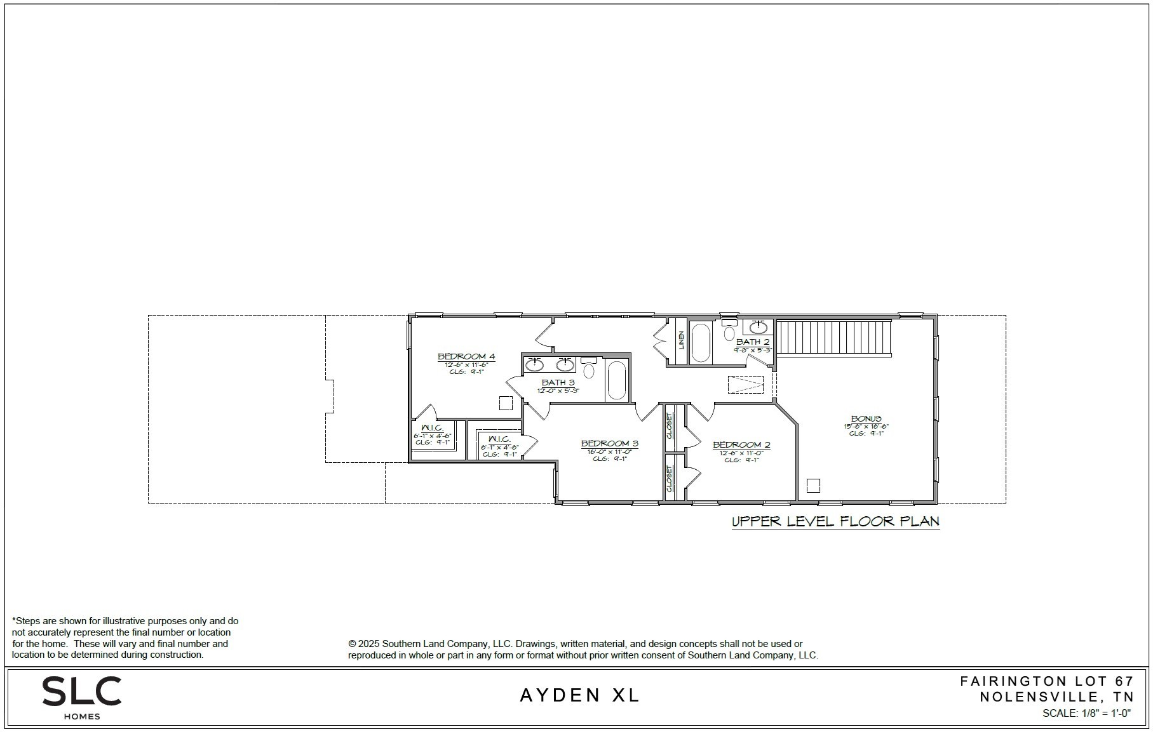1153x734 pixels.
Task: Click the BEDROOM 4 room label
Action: pos(466,357)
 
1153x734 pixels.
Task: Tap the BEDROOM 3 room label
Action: pos(609,444)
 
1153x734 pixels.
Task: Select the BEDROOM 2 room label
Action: pos(741,445)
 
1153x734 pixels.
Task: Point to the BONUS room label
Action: pos(866,419)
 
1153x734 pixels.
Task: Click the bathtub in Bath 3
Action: pos(616,380)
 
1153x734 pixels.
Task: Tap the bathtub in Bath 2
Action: pos(700,343)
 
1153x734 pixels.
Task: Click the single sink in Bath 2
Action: pos(759,328)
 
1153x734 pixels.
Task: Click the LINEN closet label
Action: pos(681,341)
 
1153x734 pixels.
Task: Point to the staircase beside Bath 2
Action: pos(834,338)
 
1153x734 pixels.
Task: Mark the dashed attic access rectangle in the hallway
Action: pos(746,385)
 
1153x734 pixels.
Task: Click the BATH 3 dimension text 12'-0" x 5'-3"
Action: pos(558,391)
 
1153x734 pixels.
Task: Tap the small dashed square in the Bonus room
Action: pos(813,486)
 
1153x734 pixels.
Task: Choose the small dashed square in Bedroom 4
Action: pos(506,403)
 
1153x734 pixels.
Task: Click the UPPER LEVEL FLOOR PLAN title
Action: pos(835,522)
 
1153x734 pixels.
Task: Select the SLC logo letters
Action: pos(81,691)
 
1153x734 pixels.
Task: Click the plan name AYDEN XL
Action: pos(580,695)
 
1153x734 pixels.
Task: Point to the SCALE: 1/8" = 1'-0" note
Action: pos(1086,713)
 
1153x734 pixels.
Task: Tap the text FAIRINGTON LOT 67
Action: pos(1046,681)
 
